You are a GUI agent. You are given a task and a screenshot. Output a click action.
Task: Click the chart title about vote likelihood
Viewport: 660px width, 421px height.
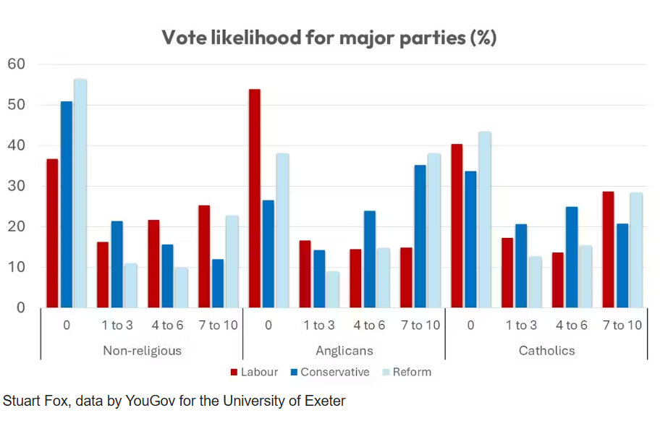(329, 38)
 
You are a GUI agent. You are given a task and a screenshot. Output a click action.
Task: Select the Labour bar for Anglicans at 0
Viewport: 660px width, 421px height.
(255, 199)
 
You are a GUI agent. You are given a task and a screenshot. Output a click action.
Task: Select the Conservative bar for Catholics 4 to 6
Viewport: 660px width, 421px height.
(572, 258)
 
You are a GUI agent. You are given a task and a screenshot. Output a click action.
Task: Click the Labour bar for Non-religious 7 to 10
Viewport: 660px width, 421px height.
(204, 257)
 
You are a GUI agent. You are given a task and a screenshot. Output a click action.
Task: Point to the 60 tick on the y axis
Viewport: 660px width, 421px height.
(16, 64)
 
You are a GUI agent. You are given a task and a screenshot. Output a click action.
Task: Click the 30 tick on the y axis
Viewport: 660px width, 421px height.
(16, 186)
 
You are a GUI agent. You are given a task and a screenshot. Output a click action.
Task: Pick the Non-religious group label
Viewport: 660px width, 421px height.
(141, 351)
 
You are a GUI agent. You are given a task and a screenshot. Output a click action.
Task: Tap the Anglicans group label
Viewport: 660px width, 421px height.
(344, 351)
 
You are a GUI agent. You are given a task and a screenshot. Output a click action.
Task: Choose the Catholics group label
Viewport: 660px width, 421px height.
(546, 351)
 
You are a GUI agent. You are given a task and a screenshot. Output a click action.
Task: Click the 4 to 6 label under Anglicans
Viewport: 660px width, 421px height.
(369, 326)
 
